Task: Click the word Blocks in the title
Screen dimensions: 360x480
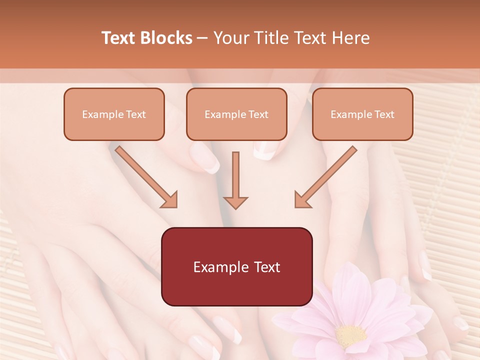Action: [x=167, y=38]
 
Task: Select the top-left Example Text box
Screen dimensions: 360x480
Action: [x=114, y=114]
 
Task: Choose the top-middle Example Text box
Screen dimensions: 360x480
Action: [x=236, y=114]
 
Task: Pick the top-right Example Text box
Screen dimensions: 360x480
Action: [x=362, y=114]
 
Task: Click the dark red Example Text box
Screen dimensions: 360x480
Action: [x=236, y=266]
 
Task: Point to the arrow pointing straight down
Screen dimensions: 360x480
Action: [x=235, y=180]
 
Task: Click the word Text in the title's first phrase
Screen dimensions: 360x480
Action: [x=120, y=38]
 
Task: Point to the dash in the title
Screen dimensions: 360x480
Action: [x=203, y=38]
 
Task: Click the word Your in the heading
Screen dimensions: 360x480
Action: [x=229, y=38]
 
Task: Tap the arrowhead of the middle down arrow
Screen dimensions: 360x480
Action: [x=235, y=201]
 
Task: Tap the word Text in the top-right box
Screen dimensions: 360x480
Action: [x=384, y=114]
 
